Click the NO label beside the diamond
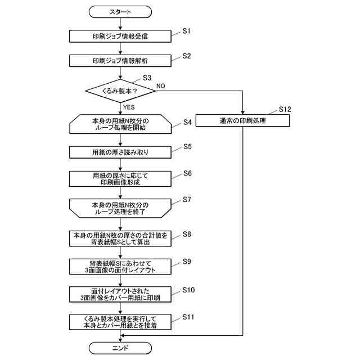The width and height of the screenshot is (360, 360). click(x=161, y=86)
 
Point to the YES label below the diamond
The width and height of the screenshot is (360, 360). click(x=129, y=107)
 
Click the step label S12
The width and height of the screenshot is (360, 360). click(x=285, y=109)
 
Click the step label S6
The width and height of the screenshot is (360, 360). click(x=187, y=173)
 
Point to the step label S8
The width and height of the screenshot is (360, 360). click(x=187, y=234)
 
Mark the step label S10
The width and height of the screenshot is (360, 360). click(x=188, y=290)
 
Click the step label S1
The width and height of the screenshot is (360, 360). click(x=186, y=31)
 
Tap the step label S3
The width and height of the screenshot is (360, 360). click(x=147, y=78)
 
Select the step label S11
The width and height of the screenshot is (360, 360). click(x=188, y=317)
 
